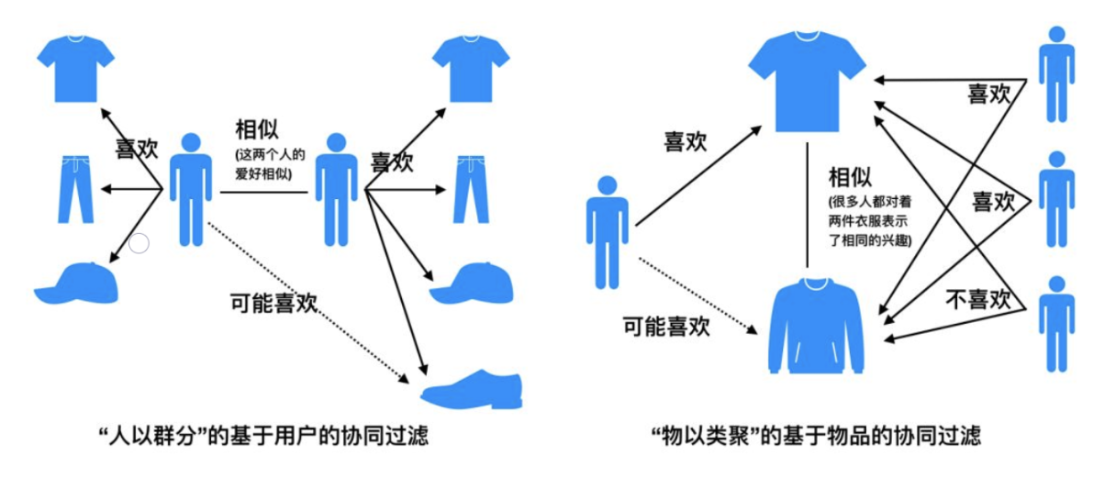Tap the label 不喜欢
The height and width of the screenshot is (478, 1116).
click(977, 299)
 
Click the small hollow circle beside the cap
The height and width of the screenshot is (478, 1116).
click(139, 243)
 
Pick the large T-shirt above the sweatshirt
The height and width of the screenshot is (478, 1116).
click(807, 80)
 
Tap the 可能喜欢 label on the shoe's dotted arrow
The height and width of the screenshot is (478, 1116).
click(273, 303)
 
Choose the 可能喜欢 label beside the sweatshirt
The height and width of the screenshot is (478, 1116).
click(666, 326)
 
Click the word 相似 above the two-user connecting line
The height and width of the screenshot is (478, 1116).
click(257, 128)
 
